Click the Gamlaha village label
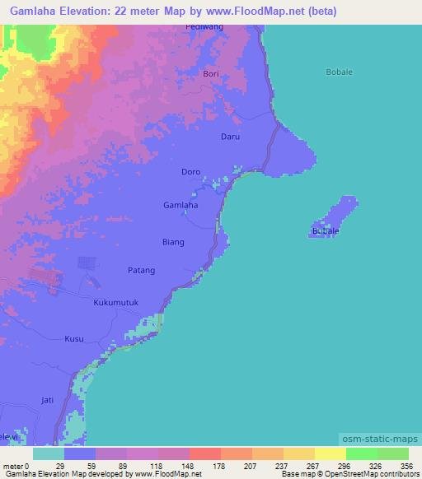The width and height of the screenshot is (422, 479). pyautogui.click(x=181, y=205)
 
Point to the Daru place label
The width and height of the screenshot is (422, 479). pyautogui.click(x=230, y=137)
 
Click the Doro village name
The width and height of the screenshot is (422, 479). pyautogui.click(x=190, y=172)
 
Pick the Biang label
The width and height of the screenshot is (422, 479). pyautogui.click(x=173, y=243)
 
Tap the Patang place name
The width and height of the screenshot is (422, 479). pyautogui.click(x=141, y=270)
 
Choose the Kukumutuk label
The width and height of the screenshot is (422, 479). pyautogui.click(x=114, y=303)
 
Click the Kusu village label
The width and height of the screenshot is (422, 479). pyautogui.click(x=74, y=338)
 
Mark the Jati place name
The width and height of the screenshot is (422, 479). pyautogui.click(x=47, y=400)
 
